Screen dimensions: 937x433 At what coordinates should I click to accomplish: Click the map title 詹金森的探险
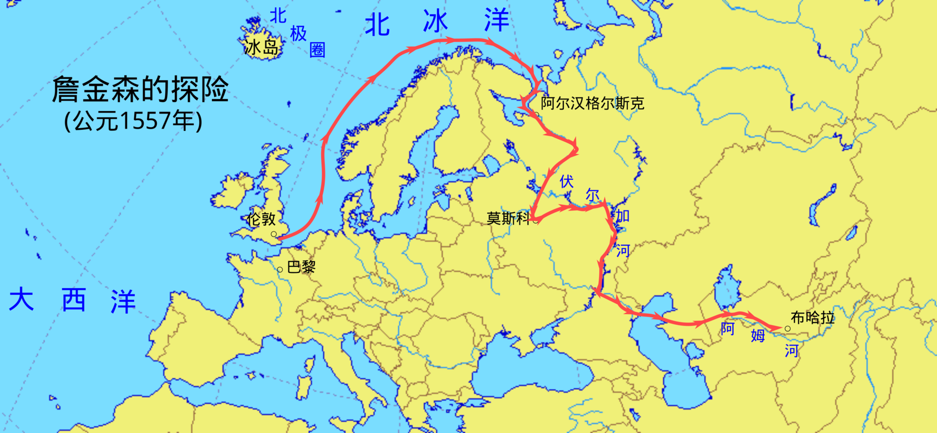(x=140, y=89)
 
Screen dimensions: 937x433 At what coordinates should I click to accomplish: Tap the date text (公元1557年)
(x=133, y=120)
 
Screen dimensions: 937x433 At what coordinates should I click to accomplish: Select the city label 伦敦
(x=261, y=219)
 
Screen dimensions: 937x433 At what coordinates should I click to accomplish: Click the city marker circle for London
(x=274, y=234)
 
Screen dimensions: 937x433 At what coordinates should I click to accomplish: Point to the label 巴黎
(x=301, y=267)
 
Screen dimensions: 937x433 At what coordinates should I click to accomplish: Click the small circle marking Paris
(x=280, y=269)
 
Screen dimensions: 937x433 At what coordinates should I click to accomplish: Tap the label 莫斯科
(x=508, y=218)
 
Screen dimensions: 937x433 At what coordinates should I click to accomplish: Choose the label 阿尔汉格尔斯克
(x=592, y=103)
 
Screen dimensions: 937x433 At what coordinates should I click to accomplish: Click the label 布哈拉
(x=813, y=317)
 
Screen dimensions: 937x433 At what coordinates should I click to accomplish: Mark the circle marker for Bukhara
(x=788, y=329)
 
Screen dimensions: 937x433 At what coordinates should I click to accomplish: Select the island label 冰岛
(x=262, y=47)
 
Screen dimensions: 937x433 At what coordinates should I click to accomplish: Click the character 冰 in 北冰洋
(x=436, y=22)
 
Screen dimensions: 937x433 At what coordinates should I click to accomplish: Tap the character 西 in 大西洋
(x=73, y=300)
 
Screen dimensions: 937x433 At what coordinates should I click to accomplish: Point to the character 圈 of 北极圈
(x=318, y=50)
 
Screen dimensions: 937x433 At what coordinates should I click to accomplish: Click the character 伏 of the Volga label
(x=566, y=182)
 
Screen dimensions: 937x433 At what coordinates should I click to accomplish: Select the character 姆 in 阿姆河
(x=758, y=336)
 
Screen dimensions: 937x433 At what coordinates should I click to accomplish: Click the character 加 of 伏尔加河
(x=623, y=216)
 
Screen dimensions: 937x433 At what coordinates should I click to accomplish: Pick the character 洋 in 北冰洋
(x=496, y=21)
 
